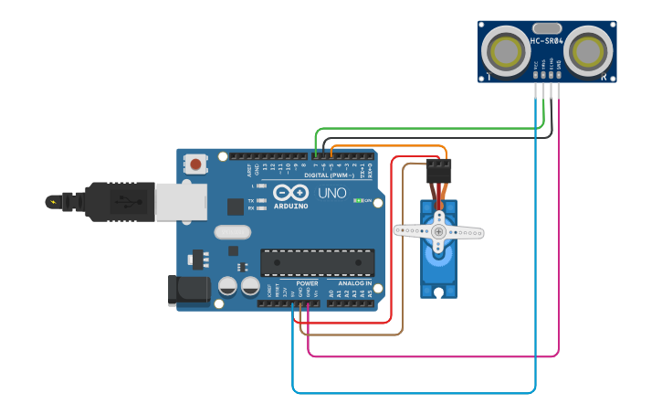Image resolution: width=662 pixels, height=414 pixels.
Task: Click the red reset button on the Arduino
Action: [x=195, y=165]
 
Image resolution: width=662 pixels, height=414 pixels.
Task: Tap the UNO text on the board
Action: [x=331, y=194]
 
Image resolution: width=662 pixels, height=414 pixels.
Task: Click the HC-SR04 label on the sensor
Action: [x=547, y=41]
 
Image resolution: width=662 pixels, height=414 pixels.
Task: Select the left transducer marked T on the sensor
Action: [x=504, y=52]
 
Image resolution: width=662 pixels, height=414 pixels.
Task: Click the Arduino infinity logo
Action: [x=289, y=193]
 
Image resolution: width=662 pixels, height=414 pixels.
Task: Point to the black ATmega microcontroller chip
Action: [x=317, y=262]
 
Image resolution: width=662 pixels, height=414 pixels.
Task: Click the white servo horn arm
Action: [x=438, y=231]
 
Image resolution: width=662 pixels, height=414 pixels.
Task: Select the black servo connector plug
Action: [x=438, y=171]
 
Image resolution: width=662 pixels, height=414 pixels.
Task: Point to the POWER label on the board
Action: [x=307, y=283]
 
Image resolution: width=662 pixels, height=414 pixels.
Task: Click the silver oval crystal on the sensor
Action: [x=546, y=28]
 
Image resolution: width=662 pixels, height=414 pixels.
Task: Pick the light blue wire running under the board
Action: [x=411, y=393]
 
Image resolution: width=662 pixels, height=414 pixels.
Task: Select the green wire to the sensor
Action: [x=429, y=129]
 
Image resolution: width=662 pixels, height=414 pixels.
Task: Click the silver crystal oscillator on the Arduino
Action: [x=232, y=232]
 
